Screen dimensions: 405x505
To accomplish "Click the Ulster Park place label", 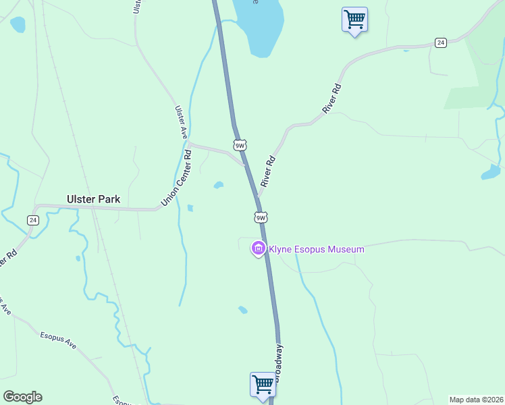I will (93, 199).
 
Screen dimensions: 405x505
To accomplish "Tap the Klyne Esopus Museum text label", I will (317, 249).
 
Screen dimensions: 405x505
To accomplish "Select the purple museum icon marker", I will (257, 249).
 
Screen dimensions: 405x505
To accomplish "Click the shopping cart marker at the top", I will (354, 19).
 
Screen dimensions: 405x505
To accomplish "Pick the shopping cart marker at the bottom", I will (263, 384).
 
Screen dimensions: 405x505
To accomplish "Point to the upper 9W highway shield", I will (240, 145).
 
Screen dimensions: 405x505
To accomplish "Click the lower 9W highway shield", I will (261, 217).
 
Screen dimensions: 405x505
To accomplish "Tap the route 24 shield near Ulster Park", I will (32, 220).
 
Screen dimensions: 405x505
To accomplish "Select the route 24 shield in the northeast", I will (440, 43).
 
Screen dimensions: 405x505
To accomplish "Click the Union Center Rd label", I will (177, 179).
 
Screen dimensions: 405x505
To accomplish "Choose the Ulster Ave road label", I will (180, 122).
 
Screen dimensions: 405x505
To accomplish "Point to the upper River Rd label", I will (333, 98).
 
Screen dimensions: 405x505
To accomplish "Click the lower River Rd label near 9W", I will (269, 171).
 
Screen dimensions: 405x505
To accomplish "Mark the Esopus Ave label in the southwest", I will (58, 340).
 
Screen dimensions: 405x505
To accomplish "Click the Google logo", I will (22, 397).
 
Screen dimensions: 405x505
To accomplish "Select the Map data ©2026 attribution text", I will (476, 400).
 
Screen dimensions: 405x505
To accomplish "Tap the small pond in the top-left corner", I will (18, 24).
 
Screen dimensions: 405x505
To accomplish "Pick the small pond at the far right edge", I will (490, 173).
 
